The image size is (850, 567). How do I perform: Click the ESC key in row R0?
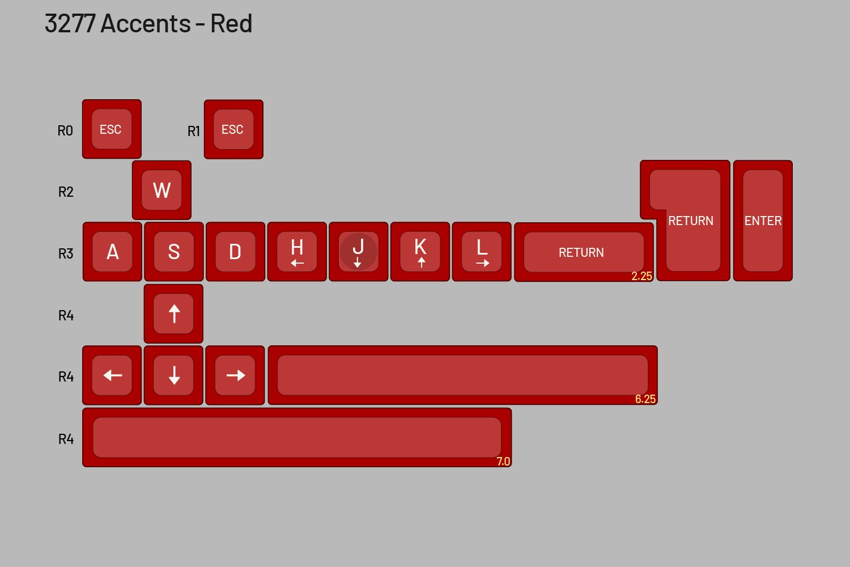click(x=112, y=129)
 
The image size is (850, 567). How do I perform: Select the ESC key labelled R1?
click(x=233, y=129)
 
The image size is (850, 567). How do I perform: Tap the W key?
click(x=161, y=190)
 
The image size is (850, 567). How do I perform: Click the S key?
click(x=173, y=252)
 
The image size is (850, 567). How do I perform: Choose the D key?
click(x=235, y=252)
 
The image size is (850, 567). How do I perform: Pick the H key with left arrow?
click(x=297, y=252)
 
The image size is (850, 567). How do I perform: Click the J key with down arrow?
click(x=358, y=252)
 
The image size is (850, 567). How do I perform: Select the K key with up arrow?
click(x=420, y=252)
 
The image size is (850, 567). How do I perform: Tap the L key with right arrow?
click(x=482, y=252)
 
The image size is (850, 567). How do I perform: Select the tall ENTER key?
click(x=763, y=221)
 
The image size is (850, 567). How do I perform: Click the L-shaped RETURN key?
click(x=691, y=221)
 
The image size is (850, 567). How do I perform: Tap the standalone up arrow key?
click(x=173, y=314)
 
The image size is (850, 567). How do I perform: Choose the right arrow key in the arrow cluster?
click(x=235, y=375)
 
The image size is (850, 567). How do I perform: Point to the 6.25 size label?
click(x=645, y=399)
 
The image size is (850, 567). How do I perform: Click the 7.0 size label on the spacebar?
click(x=503, y=462)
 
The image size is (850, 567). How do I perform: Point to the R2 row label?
click(x=66, y=192)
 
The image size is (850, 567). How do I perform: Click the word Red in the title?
click(x=231, y=24)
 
